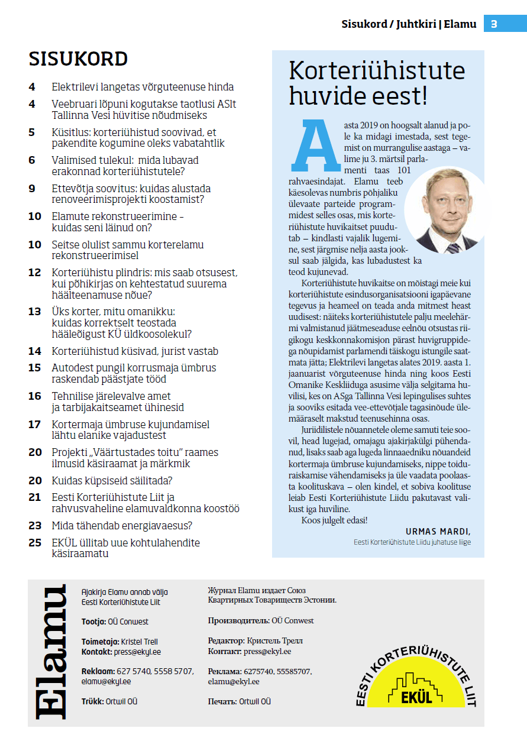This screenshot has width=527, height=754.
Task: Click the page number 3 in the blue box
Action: pyautogui.click(x=494, y=24)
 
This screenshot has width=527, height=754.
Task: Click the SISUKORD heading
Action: pyautogui.click(x=78, y=59)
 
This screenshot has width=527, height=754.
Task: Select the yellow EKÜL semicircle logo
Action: pyautogui.click(x=415, y=677)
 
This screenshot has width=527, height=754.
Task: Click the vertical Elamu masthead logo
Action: pyautogui.click(x=50, y=652)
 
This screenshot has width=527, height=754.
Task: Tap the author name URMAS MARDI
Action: pyautogui.click(x=438, y=530)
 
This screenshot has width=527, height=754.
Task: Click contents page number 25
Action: pyautogui.click(x=35, y=543)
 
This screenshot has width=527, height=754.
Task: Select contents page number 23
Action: pyautogui.click(x=35, y=525)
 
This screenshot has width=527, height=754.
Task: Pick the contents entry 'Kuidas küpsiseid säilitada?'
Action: pyautogui.click(x=112, y=480)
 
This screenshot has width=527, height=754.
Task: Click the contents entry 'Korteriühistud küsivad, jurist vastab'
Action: pyautogui.click(x=135, y=351)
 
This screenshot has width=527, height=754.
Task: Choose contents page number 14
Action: pyautogui.click(x=35, y=351)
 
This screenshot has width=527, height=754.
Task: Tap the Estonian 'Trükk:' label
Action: pyautogui.click(x=93, y=701)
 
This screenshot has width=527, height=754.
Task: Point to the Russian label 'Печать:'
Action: pyautogui.click(x=222, y=701)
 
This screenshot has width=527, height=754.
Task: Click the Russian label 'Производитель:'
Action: pyautogui.click(x=238, y=621)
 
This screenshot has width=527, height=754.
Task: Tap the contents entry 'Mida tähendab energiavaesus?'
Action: pyautogui.click(x=122, y=525)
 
